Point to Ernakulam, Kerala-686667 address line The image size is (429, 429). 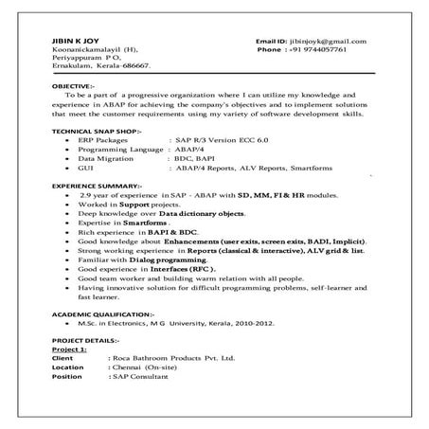point(99,68)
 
